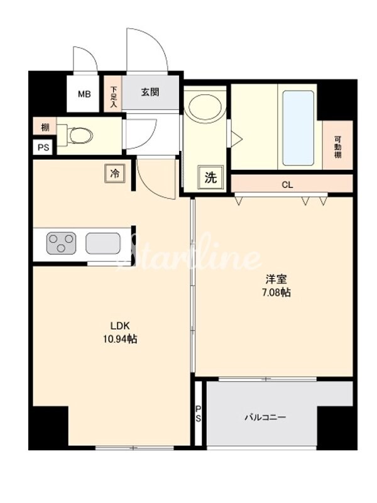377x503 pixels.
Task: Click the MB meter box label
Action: point(84,95)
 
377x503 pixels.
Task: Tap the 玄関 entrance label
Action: point(150,92)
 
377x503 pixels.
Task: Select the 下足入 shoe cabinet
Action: point(114,97)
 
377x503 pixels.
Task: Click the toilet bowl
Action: point(80,134)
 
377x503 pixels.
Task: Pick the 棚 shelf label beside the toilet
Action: point(45,128)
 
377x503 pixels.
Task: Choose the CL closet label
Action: point(288,185)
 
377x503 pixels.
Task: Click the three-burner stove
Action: point(61,242)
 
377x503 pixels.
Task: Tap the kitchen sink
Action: point(103,242)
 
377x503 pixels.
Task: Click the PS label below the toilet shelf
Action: point(43,148)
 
